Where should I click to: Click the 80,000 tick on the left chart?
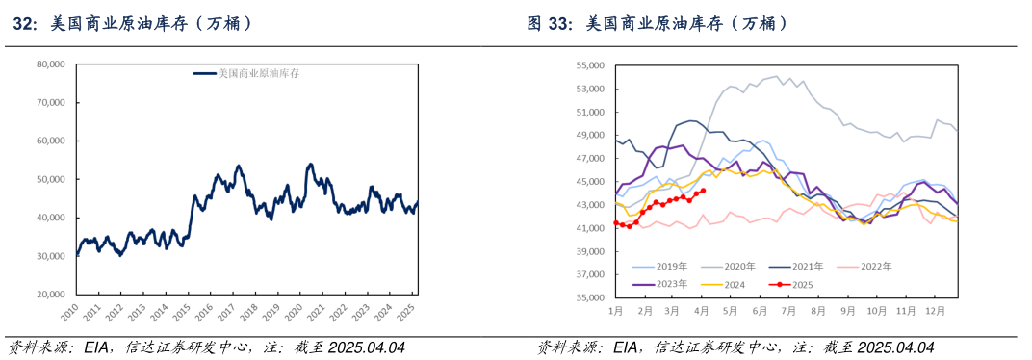(50, 64)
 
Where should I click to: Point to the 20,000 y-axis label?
(50, 295)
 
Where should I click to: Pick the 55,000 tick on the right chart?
(589, 65)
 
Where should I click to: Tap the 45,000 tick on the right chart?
(589, 182)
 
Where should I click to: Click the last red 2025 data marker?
(704, 191)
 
